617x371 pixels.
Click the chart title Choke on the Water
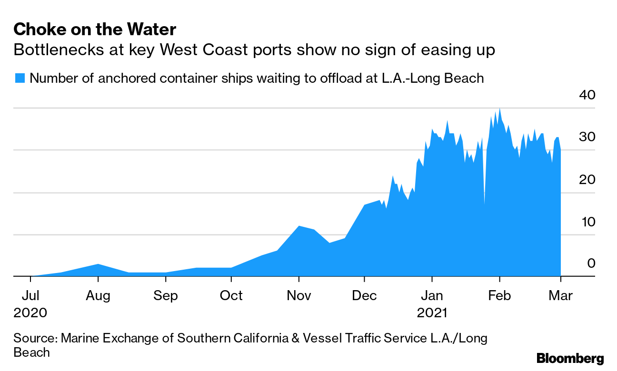(95, 30)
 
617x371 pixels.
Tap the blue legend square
(20, 78)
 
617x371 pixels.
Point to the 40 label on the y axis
(587, 95)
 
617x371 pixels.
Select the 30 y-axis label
(587, 137)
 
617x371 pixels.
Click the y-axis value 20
(587, 179)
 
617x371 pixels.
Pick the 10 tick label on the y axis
(587, 222)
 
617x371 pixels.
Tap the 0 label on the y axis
(591, 263)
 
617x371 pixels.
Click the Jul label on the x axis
(30, 295)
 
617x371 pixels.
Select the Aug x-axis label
(98, 295)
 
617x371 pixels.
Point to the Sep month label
(166, 295)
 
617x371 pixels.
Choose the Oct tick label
(231, 295)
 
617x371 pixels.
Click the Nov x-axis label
(299, 295)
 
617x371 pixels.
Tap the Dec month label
(364, 295)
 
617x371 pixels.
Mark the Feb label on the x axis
(499, 295)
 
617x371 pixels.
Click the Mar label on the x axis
(561, 295)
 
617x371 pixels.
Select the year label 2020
(30, 313)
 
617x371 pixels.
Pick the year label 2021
(432, 313)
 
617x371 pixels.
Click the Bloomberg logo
(570, 358)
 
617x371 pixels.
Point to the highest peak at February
(499, 109)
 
